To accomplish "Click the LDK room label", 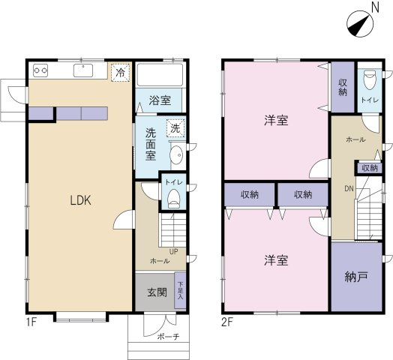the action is [80, 200].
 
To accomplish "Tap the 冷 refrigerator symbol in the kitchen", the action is [121, 73].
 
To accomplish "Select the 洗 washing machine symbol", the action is [175, 128].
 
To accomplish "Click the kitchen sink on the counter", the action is [83, 70].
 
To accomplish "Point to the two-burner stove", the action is [40, 70].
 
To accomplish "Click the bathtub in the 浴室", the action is [160, 75].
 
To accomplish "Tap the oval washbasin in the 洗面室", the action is [176, 155].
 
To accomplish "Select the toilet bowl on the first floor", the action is [173, 198].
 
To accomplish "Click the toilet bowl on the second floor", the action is [370, 79].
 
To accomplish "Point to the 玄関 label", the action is [157, 292].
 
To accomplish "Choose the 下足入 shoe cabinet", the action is [181, 290].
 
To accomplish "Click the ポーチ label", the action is [169, 337].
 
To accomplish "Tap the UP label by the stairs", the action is [174, 251].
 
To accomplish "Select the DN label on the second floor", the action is [349, 188].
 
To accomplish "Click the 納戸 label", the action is [356, 277].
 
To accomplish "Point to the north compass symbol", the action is [360, 24].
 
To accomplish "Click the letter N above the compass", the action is [375, 7].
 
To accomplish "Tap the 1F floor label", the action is [31, 322].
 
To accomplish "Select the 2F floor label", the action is [227, 322].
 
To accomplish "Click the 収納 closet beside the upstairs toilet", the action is [343, 87].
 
